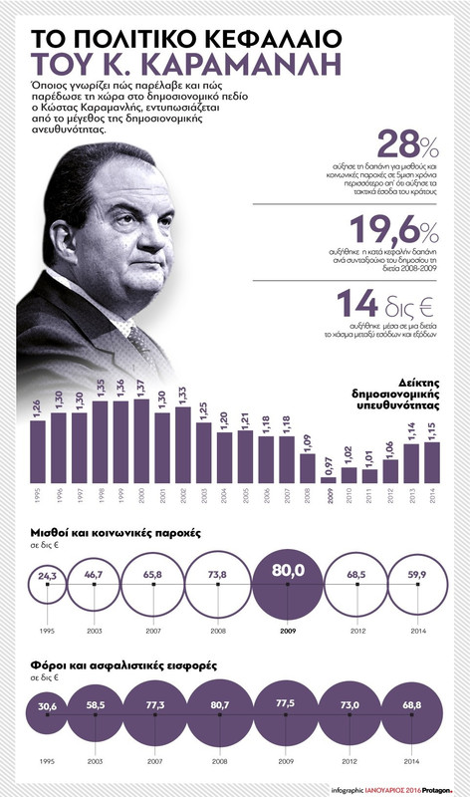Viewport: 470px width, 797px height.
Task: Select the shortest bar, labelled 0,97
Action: pyautogui.click(x=329, y=480)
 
